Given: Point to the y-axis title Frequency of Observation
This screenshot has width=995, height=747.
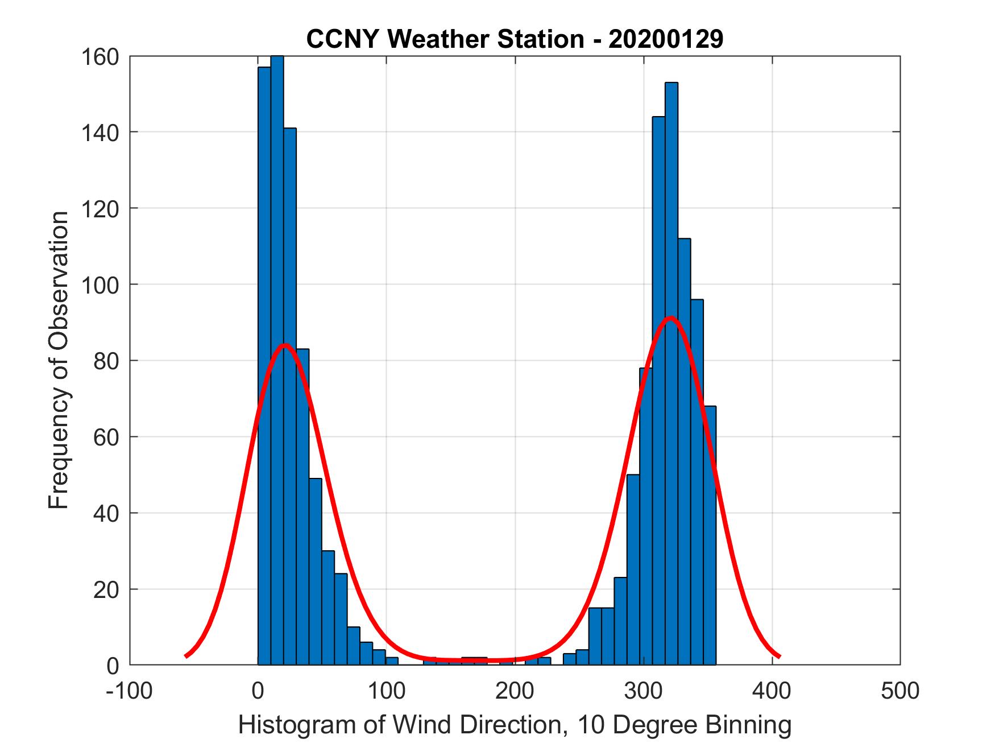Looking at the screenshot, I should [x=59, y=361].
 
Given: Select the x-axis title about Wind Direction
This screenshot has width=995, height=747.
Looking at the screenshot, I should [x=515, y=725].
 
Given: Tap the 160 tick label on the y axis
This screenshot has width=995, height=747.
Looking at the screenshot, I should [x=102, y=57].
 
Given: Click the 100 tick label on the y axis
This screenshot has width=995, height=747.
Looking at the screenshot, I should [x=102, y=284].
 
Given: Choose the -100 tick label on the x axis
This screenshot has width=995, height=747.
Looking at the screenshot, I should [x=129, y=691].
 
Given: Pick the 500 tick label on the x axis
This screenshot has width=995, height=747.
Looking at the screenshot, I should [x=900, y=691].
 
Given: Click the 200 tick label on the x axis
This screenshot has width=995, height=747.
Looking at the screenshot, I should [x=515, y=691].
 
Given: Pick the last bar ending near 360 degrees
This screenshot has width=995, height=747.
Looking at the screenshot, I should [x=710, y=535].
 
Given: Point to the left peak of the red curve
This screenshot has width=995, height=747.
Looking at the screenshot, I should [x=284, y=345].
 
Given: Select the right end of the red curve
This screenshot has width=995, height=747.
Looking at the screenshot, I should [x=778, y=655].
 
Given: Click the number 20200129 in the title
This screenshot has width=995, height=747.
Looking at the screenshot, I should [x=666, y=39].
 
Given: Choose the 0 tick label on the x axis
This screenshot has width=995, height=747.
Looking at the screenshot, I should [x=258, y=691].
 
